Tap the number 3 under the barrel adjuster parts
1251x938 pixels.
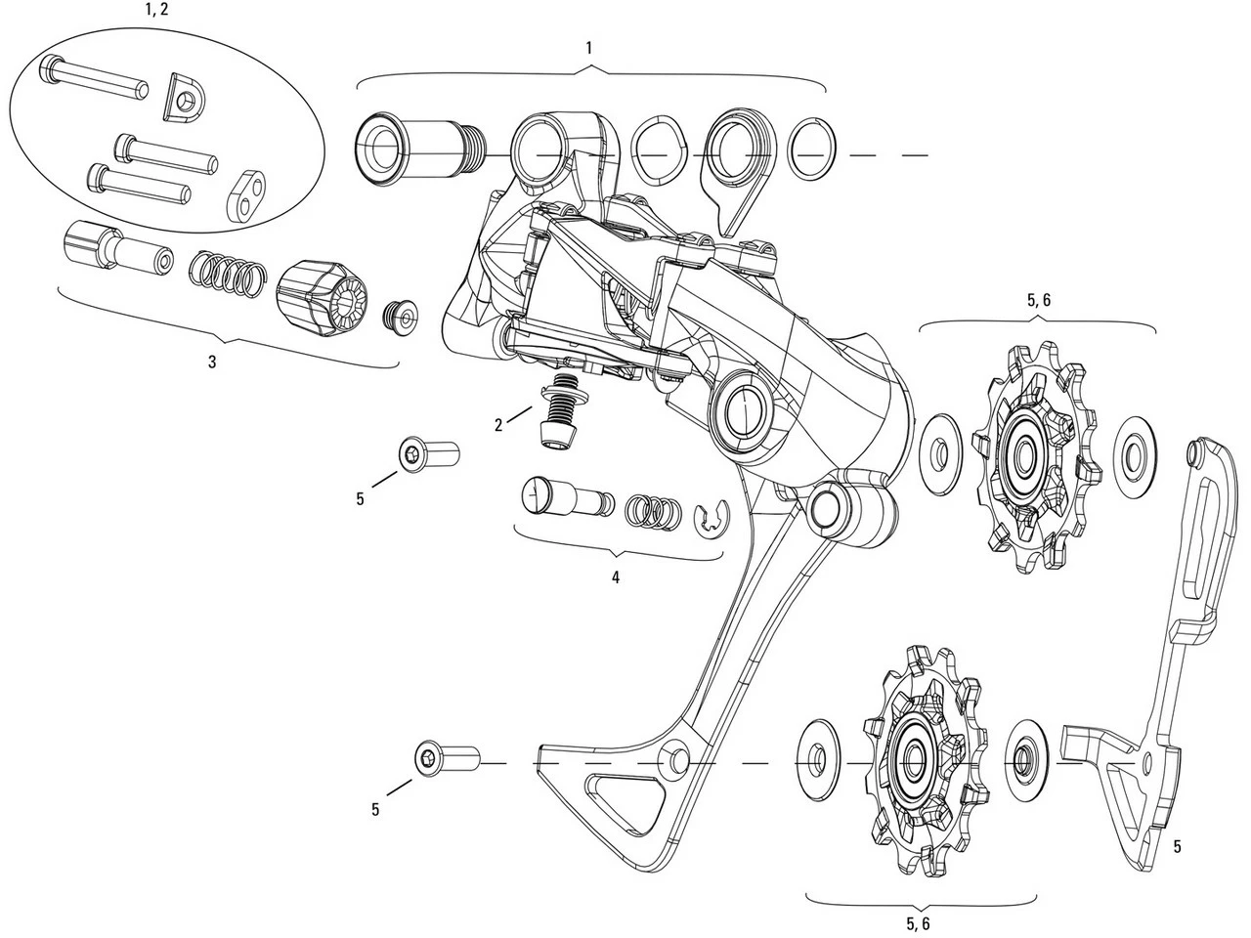coord(212,362)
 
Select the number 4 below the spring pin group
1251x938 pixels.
coord(616,576)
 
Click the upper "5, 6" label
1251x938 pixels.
coord(1039,301)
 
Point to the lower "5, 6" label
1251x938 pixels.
coord(918,923)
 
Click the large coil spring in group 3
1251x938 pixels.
coord(225,271)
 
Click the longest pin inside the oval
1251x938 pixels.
coord(94,80)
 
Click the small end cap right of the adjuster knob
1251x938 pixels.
coord(401,315)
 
